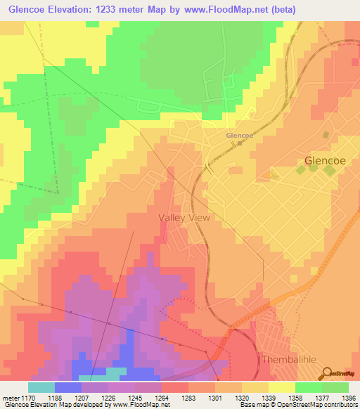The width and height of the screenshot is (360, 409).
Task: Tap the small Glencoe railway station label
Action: point(239,135)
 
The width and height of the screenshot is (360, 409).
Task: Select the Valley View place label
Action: point(184,218)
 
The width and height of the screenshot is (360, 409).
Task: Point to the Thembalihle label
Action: point(285,359)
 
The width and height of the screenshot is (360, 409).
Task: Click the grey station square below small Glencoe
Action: point(239,143)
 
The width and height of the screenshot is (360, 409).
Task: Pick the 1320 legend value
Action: point(240,397)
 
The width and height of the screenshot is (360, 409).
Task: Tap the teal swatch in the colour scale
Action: point(41,387)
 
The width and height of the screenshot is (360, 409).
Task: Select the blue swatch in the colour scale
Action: point(67,387)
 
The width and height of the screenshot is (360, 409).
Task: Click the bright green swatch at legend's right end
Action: point(335,387)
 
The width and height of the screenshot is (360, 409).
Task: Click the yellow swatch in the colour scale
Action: point(281,387)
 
